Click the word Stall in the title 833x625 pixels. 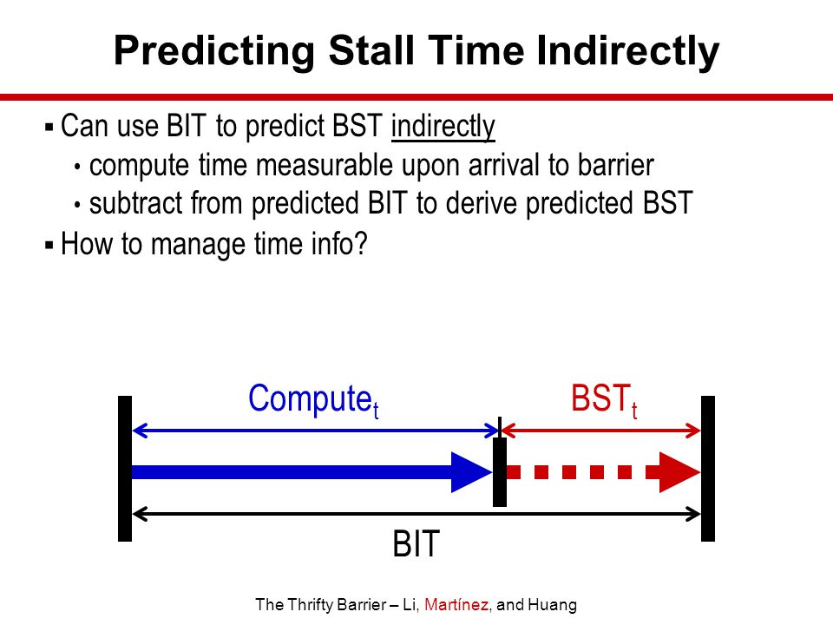(x=371, y=50)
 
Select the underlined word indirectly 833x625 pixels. (x=443, y=127)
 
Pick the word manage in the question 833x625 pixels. (x=198, y=245)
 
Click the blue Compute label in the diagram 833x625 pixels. (x=313, y=400)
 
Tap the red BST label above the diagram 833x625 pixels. (x=604, y=399)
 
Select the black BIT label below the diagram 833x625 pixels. (x=416, y=543)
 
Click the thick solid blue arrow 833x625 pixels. (x=312, y=472)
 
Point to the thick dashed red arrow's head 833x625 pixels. (x=679, y=472)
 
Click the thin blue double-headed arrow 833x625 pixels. (x=315, y=431)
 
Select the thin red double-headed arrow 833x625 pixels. (x=600, y=431)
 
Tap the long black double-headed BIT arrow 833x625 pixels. (x=416, y=514)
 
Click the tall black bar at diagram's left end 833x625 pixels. (x=125, y=469)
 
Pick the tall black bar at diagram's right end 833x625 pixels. (x=708, y=469)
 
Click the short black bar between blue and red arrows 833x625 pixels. (x=500, y=472)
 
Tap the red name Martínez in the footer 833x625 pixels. (x=456, y=605)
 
